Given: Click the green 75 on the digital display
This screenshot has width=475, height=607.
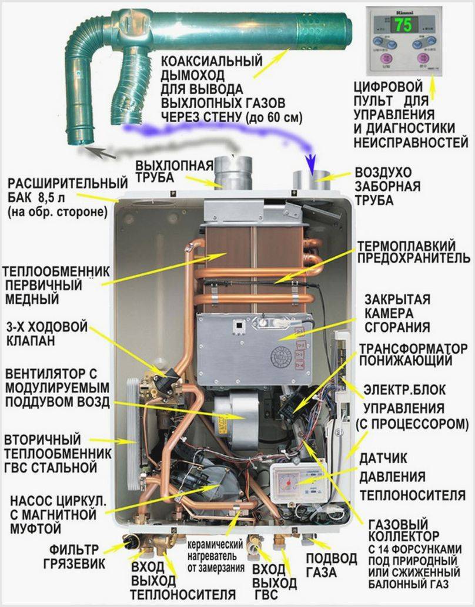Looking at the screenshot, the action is click(x=403, y=25).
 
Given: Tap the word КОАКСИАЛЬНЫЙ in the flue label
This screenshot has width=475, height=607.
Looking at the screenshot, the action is click(x=212, y=61).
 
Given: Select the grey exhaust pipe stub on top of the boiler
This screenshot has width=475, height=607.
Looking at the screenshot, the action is click(x=233, y=173).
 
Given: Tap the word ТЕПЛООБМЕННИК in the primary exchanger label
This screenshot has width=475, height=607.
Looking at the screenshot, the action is click(x=56, y=271).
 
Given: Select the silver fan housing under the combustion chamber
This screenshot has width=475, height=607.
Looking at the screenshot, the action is click(x=236, y=414).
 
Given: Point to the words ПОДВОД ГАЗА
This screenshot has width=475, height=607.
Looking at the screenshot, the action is click(x=332, y=565).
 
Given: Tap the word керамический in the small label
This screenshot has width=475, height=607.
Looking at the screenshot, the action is click(x=215, y=545).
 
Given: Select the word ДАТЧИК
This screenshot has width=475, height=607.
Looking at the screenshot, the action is click(x=383, y=459).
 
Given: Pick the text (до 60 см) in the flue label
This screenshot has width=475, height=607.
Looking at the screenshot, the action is click(x=273, y=118).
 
